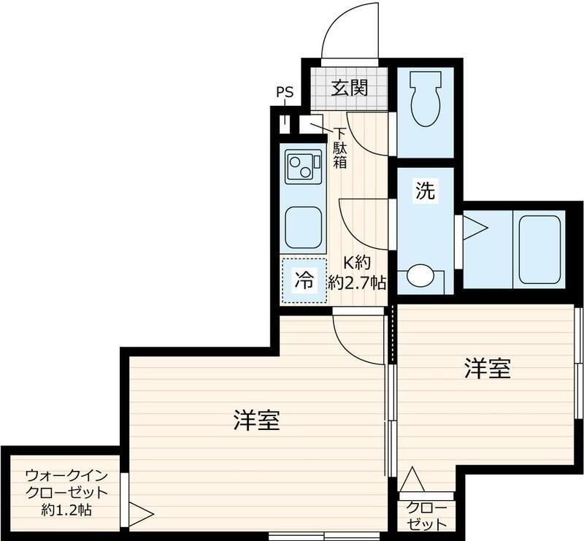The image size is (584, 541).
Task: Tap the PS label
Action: click(285, 93)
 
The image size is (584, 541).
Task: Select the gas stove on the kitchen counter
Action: click(303, 167)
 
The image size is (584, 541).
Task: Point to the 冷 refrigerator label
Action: click(304, 278)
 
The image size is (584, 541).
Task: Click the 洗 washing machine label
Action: click(425, 192)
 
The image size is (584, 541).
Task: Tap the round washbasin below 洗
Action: click(420, 276)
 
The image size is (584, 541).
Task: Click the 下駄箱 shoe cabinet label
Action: click(340, 148)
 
